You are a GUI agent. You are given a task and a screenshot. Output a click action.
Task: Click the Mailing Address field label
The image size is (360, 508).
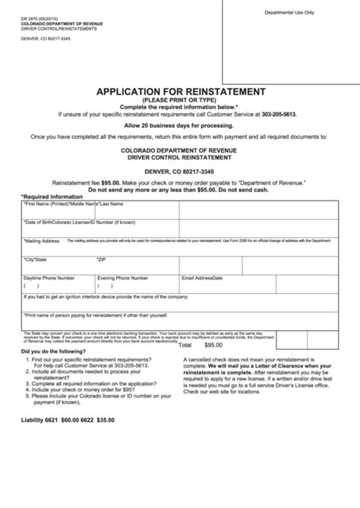(x=43, y=240)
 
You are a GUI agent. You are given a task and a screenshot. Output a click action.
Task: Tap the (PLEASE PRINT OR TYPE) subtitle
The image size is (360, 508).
(x=180, y=99)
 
